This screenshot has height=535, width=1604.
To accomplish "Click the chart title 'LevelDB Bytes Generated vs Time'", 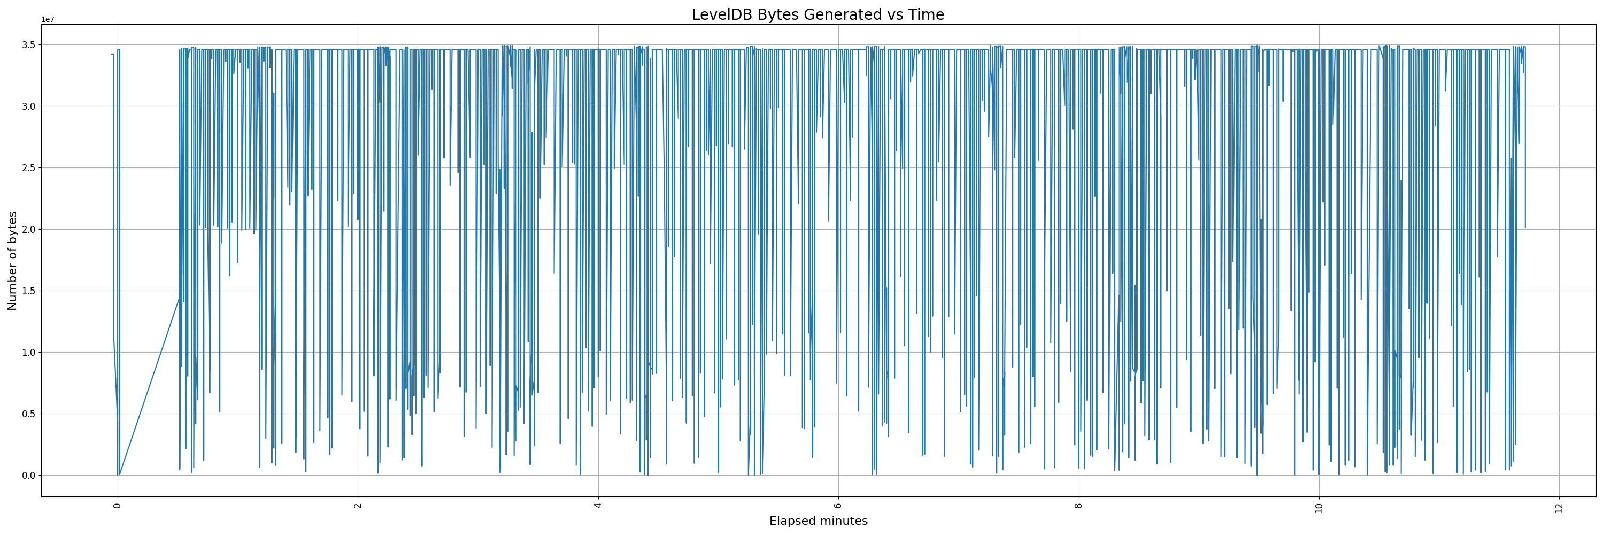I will pyautogui.click(x=818, y=15).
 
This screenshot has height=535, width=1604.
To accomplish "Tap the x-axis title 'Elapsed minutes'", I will pyautogui.click(x=818, y=521).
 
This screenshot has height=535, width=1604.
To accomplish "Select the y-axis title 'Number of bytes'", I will pyautogui.click(x=12, y=261).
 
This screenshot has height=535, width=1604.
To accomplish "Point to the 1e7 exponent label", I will pyautogui.click(x=48, y=20).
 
